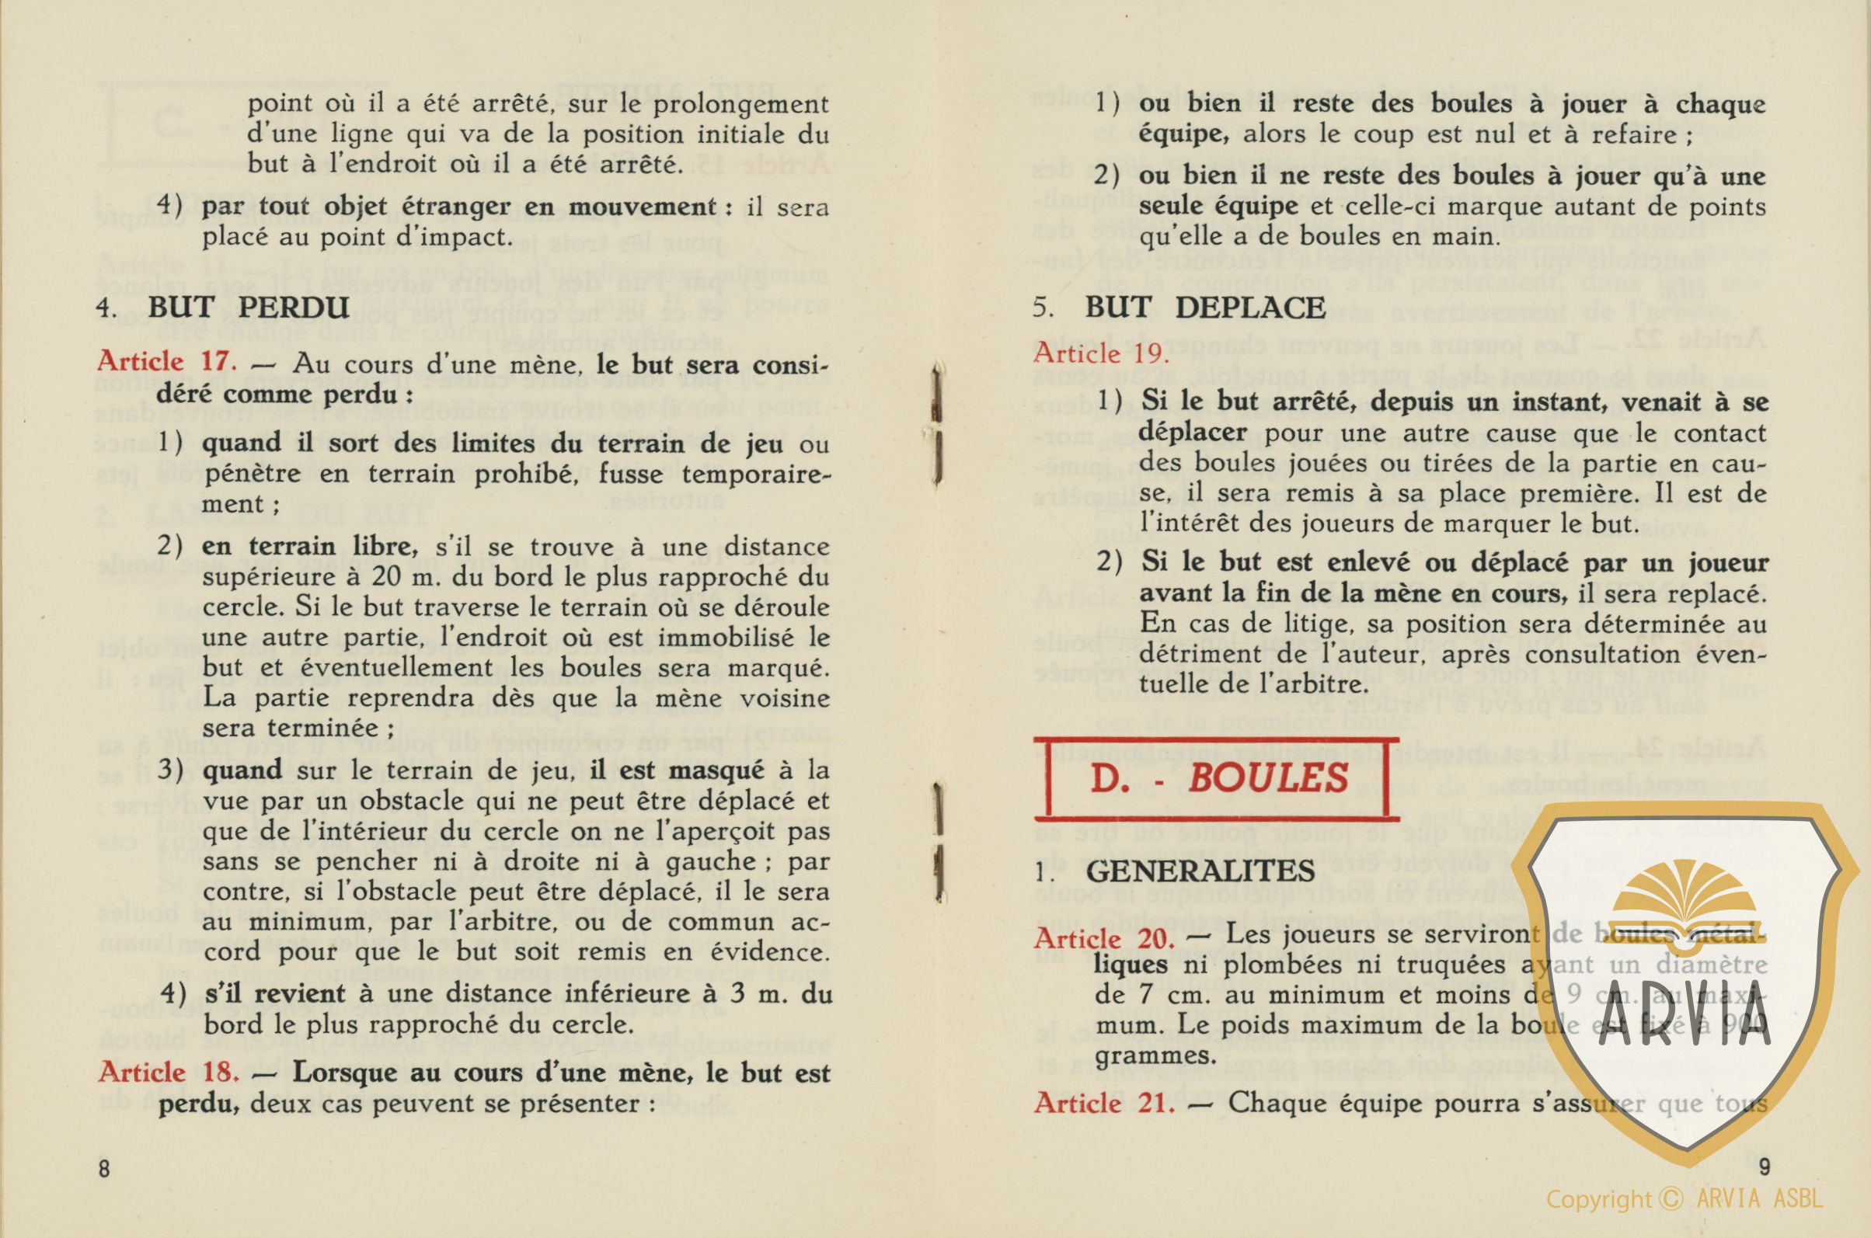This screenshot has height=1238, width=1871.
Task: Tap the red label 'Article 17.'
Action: (166, 362)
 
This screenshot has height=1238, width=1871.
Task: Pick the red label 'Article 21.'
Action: (1103, 1103)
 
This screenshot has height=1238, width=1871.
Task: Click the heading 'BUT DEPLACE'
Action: (1204, 307)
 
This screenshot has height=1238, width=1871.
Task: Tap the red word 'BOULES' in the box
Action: (1267, 778)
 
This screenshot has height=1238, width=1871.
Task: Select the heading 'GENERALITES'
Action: (1200, 871)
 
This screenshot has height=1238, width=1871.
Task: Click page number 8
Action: (104, 1169)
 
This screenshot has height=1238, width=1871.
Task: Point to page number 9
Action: (1765, 1166)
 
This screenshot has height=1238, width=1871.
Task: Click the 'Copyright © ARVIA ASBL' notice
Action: (1684, 1200)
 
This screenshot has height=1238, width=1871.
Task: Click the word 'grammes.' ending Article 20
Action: (1144, 1055)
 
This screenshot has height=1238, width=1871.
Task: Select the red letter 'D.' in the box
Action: (1110, 778)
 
